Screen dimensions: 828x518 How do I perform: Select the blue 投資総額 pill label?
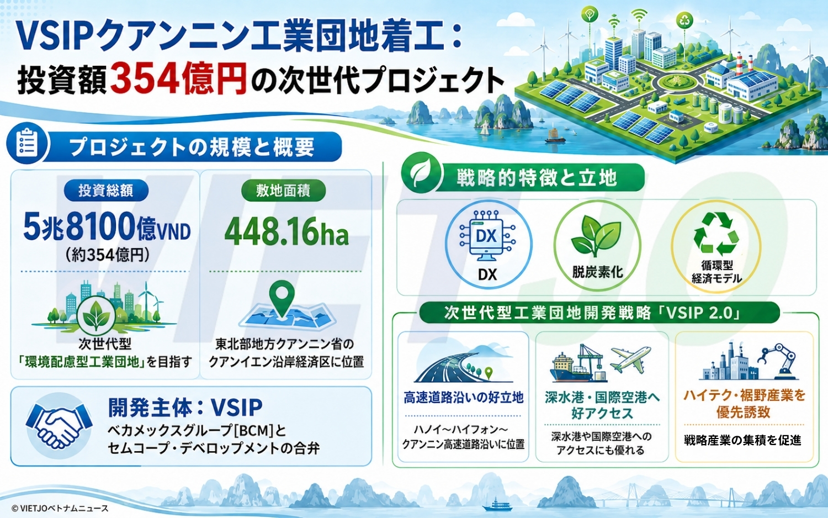[x=106, y=191]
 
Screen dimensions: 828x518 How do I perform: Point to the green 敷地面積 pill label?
[x=283, y=191]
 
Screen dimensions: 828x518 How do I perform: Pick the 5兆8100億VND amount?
[x=107, y=226]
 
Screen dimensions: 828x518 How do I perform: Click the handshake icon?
[x=59, y=426]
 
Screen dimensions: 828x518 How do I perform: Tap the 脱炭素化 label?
[x=598, y=272]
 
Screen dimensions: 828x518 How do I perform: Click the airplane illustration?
[x=630, y=358]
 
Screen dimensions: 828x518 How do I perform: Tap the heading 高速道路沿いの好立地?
[x=464, y=398]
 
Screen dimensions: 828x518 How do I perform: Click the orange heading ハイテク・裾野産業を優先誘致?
[x=744, y=404]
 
